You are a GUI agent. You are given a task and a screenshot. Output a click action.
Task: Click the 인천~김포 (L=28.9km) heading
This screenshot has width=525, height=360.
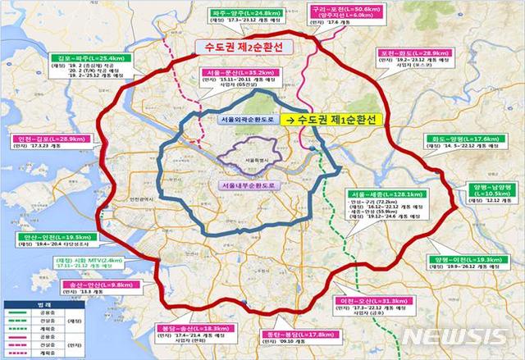[35, 141]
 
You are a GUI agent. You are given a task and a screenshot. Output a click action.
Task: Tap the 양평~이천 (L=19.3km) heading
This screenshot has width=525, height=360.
[462, 259]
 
